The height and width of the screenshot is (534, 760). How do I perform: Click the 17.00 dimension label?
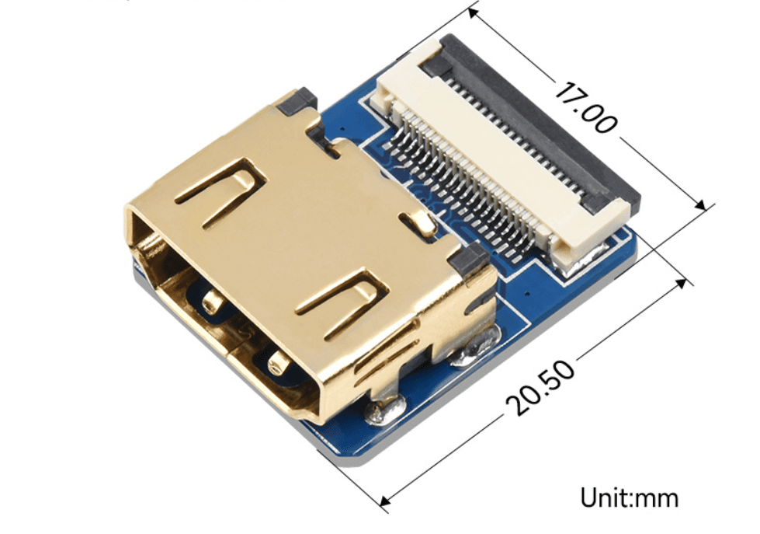pos(585,108)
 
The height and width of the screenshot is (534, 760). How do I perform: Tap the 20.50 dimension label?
pos(540,387)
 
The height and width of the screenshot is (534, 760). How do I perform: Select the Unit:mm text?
pos(629,498)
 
